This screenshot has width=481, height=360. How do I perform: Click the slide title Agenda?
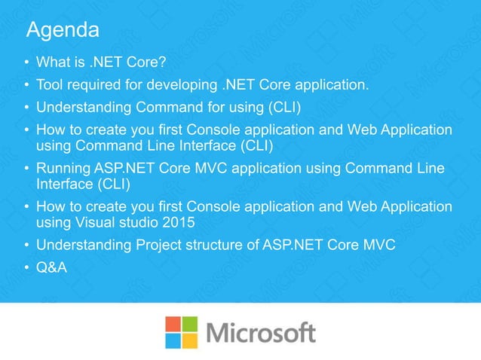pos(63,31)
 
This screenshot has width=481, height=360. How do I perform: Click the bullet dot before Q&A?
pos(26,266)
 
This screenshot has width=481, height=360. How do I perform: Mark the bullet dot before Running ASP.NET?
pos(26,169)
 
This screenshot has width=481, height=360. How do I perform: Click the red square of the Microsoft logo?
pos(175,324)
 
